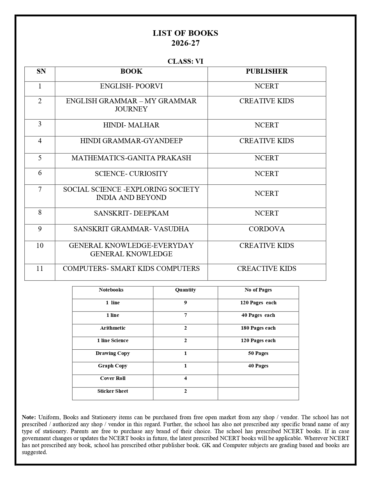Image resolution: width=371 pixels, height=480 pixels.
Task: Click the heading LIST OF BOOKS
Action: (x=185, y=33)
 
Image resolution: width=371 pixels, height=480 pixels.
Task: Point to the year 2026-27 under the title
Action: (x=185, y=43)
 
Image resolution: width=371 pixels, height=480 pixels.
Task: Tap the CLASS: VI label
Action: (x=185, y=61)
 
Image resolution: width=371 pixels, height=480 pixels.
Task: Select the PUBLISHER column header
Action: (x=267, y=72)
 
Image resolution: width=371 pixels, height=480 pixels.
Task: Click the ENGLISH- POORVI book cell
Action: (x=131, y=86)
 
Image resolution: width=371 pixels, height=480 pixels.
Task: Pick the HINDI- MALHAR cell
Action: (x=131, y=125)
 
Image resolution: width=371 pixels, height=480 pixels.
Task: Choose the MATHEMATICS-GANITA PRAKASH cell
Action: (x=131, y=158)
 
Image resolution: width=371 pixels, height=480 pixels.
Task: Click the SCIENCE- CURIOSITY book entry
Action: (x=131, y=174)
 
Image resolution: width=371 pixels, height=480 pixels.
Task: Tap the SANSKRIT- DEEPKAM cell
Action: (x=131, y=214)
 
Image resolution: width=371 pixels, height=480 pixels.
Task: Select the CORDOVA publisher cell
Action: (x=267, y=229)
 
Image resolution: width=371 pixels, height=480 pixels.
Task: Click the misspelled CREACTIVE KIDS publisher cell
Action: (x=267, y=269)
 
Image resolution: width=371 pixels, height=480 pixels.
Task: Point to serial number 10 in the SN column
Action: (x=40, y=246)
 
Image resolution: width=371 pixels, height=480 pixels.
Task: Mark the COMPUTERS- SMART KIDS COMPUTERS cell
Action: (x=131, y=269)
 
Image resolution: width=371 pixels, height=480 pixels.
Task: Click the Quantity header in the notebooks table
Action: (x=185, y=290)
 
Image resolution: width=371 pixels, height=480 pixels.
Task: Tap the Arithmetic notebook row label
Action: (x=113, y=328)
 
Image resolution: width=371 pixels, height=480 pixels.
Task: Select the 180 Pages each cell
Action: (x=258, y=328)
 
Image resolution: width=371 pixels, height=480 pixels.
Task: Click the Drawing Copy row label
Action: (x=113, y=353)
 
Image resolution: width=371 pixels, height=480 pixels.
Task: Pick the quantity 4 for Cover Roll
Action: (x=185, y=378)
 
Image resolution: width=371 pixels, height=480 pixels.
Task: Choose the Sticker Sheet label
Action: (x=113, y=391)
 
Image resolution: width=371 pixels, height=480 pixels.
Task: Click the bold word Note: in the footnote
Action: (x=29, y=417)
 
